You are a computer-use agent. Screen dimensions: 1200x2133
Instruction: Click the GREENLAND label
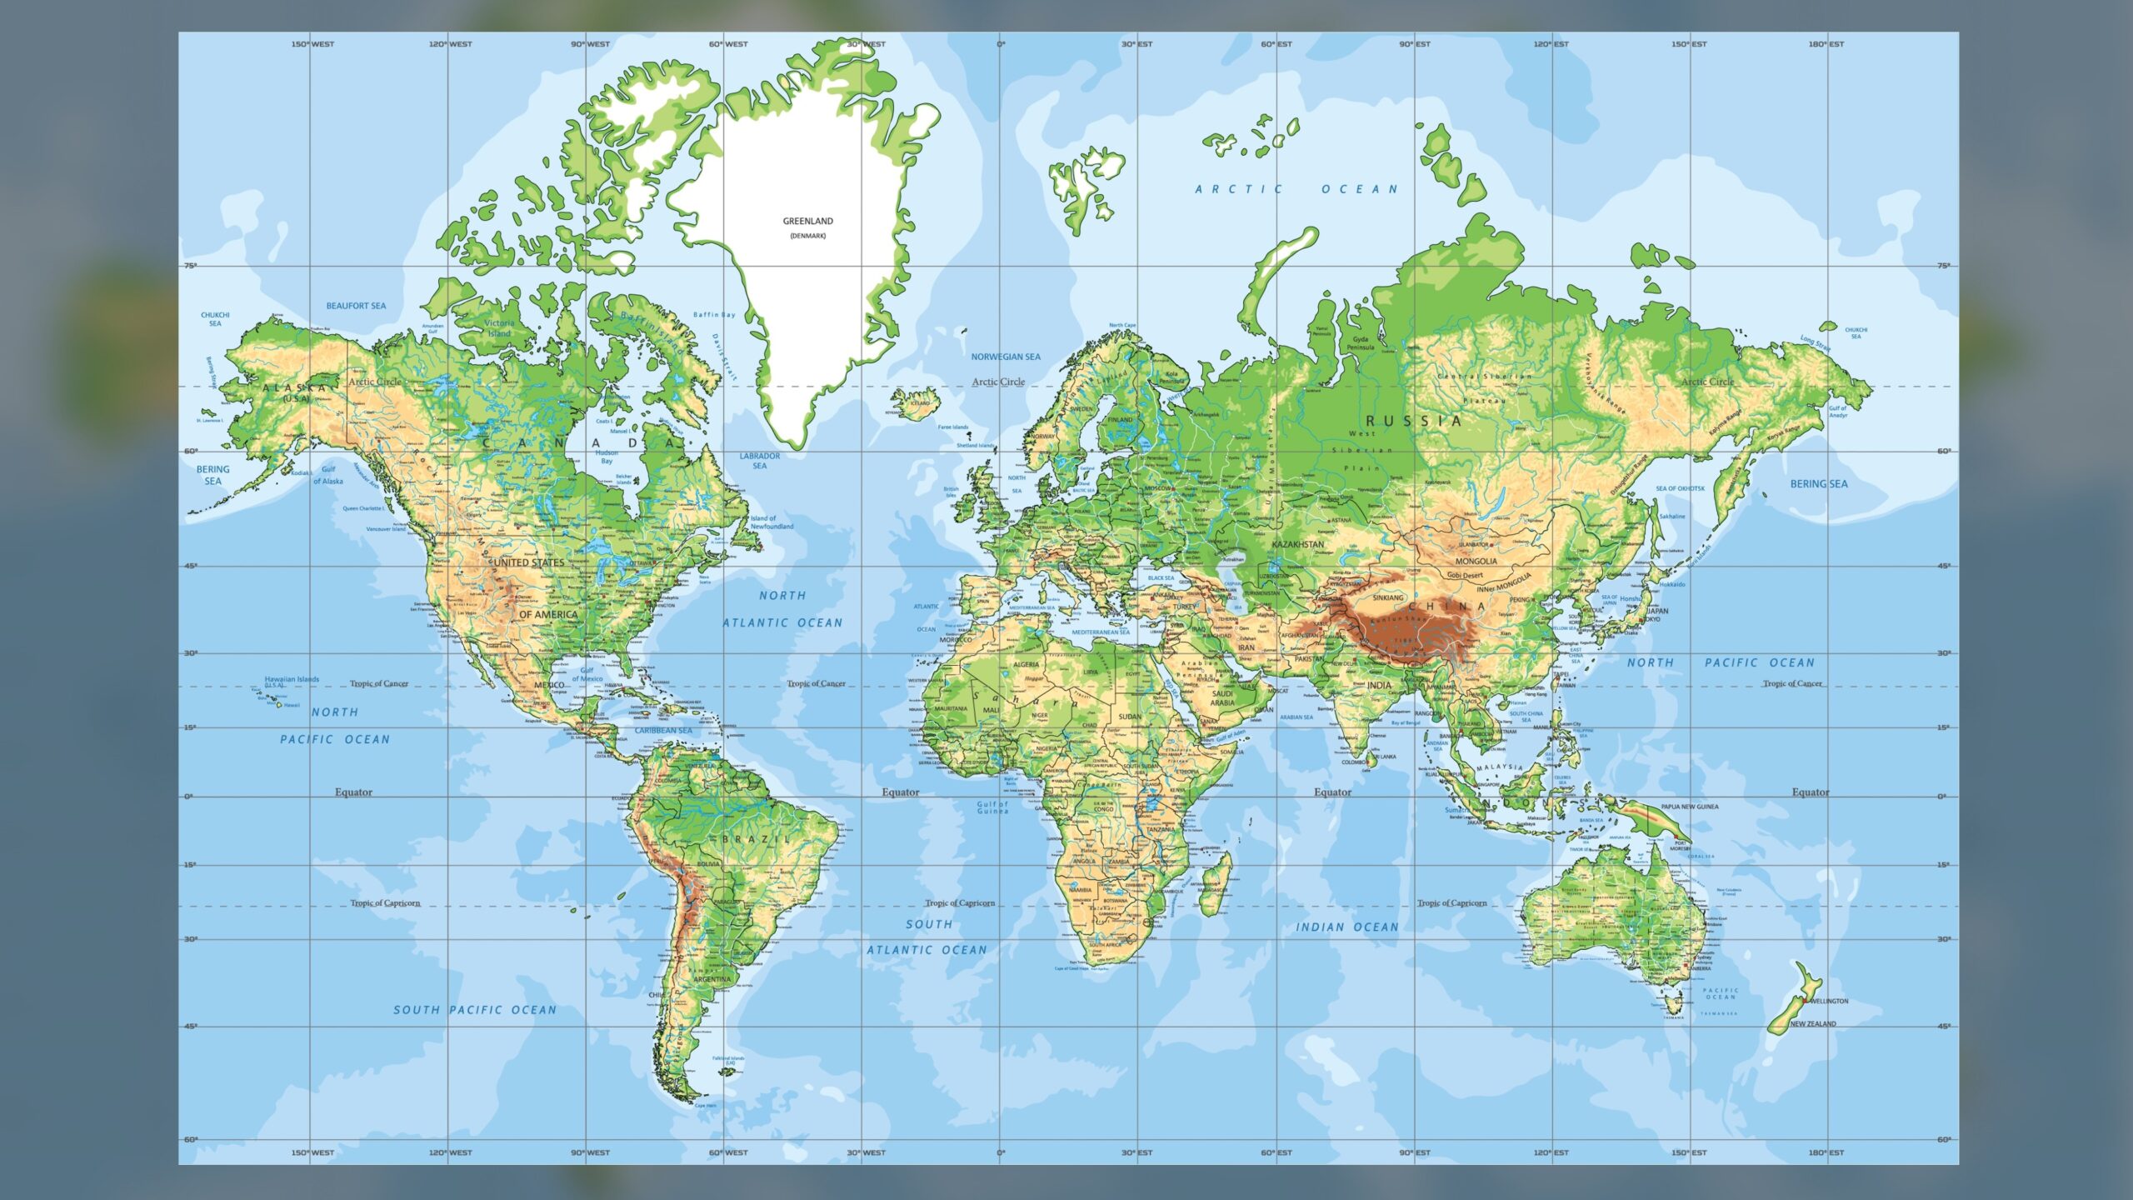(x=807, y=222)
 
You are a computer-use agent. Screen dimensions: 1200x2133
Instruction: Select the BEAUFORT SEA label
(x=356, y=306)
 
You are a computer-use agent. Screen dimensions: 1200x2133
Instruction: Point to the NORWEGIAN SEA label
(x=1006, y=357)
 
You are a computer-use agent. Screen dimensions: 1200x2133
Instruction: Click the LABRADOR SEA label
(x=760, y=461)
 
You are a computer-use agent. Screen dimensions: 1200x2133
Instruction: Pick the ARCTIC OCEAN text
(x=1296, y=189)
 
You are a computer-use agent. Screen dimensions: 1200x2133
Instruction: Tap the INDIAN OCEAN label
(x=1346, y=927)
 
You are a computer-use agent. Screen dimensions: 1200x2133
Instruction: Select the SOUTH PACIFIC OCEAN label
(x=475, y=1010)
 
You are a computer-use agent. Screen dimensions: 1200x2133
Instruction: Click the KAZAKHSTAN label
(x=1297, y=544)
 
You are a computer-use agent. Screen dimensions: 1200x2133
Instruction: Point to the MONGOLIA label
(x=1476, y=561)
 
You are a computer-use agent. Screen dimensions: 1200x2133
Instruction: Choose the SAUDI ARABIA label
(x=1222, y=697)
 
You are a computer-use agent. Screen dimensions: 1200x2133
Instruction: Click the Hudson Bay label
(x=607, y=457)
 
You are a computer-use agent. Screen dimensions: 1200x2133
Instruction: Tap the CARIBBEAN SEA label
(x=663, y=731)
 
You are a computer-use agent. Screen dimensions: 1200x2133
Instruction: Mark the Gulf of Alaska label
(x=328, y=475)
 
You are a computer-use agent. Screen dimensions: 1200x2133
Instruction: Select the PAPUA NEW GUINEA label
(x=1689, y=807)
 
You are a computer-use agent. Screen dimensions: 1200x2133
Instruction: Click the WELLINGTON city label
(x=1828, y=1001)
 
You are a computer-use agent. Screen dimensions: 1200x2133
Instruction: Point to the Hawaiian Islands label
(x=292, y=679)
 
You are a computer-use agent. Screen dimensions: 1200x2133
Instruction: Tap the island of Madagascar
(x=1216, y=884)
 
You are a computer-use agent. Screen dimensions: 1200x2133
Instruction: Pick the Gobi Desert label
(x=1465, y=575)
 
